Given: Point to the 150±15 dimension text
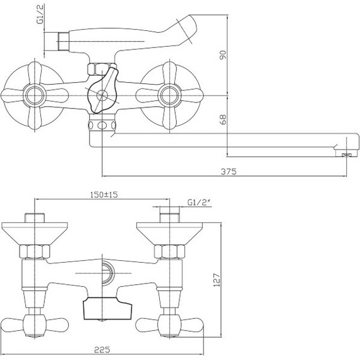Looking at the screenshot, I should click(105, 195).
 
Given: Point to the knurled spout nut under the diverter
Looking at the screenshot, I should click(103, 123).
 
